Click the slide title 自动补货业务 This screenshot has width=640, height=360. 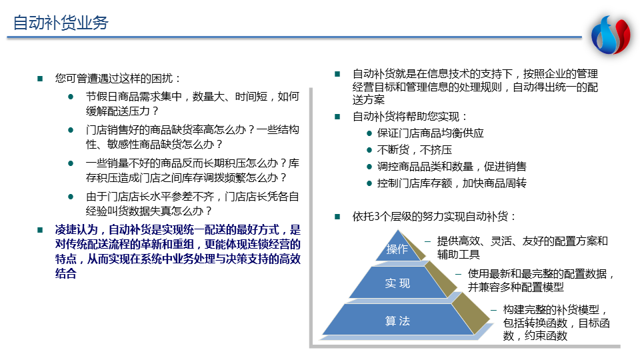click(x=61, y=23)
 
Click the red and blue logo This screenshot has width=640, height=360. click(x=611, y=35)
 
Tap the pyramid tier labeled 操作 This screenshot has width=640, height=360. click(x=397, y=246)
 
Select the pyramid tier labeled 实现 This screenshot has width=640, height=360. click(x=398, y=283)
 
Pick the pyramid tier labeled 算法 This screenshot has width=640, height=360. click(x=398, y=321)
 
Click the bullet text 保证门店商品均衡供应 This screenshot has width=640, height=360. click(x=430, y=133)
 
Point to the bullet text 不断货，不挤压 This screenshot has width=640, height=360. click(x=414, y=150)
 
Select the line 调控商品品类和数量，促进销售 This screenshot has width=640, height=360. click(x=451, y=167)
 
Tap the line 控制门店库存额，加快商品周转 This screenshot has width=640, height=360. click(x=451, y=183)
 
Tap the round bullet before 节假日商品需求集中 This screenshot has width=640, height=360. click(x=71, y=97)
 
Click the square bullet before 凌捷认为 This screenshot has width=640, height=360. click(x=40, y=230)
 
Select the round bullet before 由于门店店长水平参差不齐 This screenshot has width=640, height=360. click(x=71, y=197)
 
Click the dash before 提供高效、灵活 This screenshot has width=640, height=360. click(x=427, y=241)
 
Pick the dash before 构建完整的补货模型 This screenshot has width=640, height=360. click(x=493, y=310)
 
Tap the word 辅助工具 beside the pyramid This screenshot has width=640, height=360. click(x=459, y=255)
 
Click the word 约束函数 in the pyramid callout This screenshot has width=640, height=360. click(x=546, y=336)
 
